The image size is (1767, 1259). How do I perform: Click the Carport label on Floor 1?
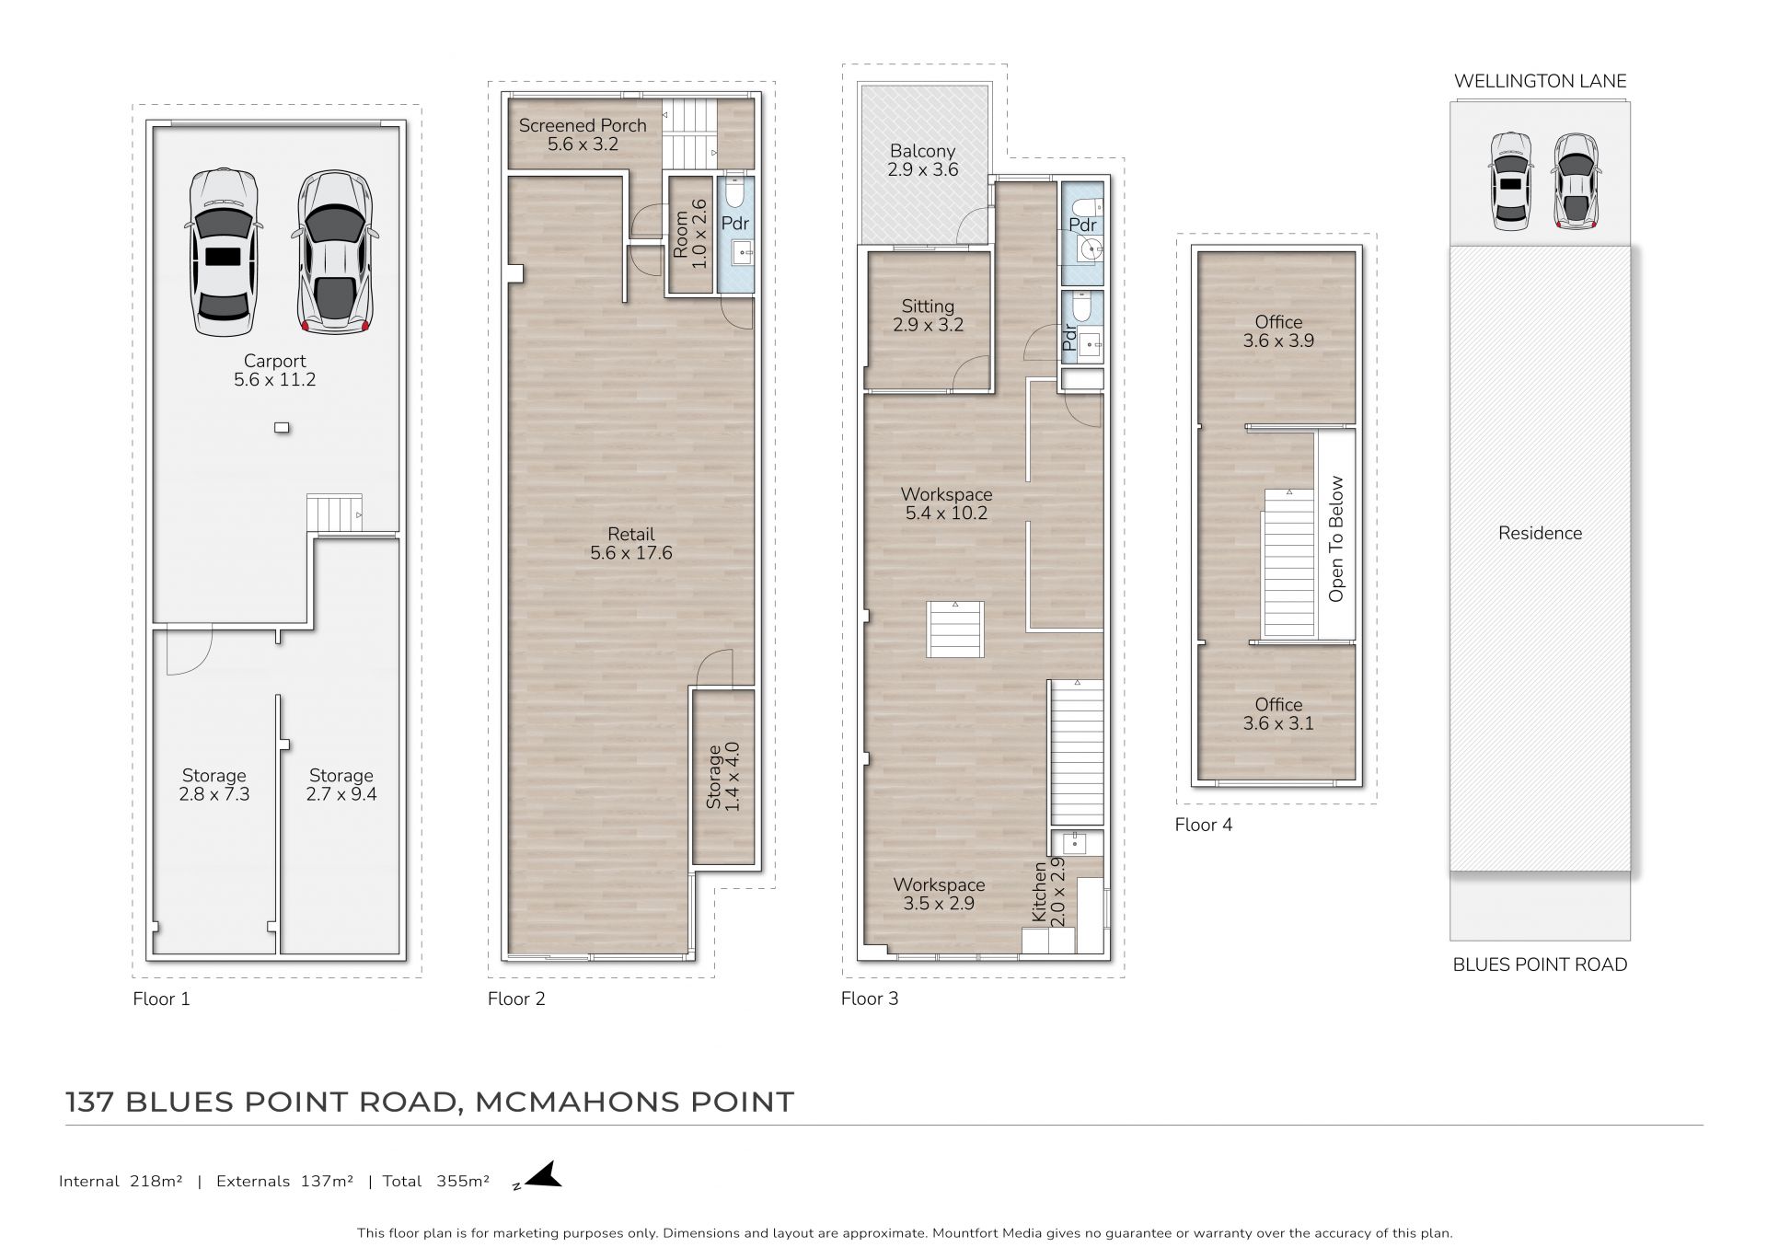(x=274, y=370)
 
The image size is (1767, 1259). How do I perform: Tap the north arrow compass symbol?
(x=543, y=1177)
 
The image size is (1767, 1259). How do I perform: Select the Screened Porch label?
(x=583, y=134)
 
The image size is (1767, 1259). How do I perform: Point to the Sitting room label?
(x=928, y=315)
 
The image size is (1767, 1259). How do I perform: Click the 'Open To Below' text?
(x=1336, y=538)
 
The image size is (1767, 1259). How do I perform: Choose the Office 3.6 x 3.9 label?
(x=1278, y=330)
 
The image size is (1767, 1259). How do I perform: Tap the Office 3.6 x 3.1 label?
(x=1278, y=713)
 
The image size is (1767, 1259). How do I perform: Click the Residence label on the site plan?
(x=1540, y=533)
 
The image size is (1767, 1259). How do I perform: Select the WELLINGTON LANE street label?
(x=1540, y=81)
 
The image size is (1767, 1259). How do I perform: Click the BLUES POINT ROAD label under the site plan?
(x=1540, y=964)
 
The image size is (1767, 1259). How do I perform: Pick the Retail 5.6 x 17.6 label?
(x=631, y=543)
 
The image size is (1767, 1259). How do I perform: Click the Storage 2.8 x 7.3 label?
(x=214, y=784)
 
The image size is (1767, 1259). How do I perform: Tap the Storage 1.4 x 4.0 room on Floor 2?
(x=723, y=777)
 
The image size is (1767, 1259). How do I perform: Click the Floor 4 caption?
(x=1203, y=825)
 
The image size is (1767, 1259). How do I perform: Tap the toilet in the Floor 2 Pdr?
(x=735, y=194)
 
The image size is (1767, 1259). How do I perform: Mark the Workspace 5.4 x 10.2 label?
(x=946, y=503)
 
